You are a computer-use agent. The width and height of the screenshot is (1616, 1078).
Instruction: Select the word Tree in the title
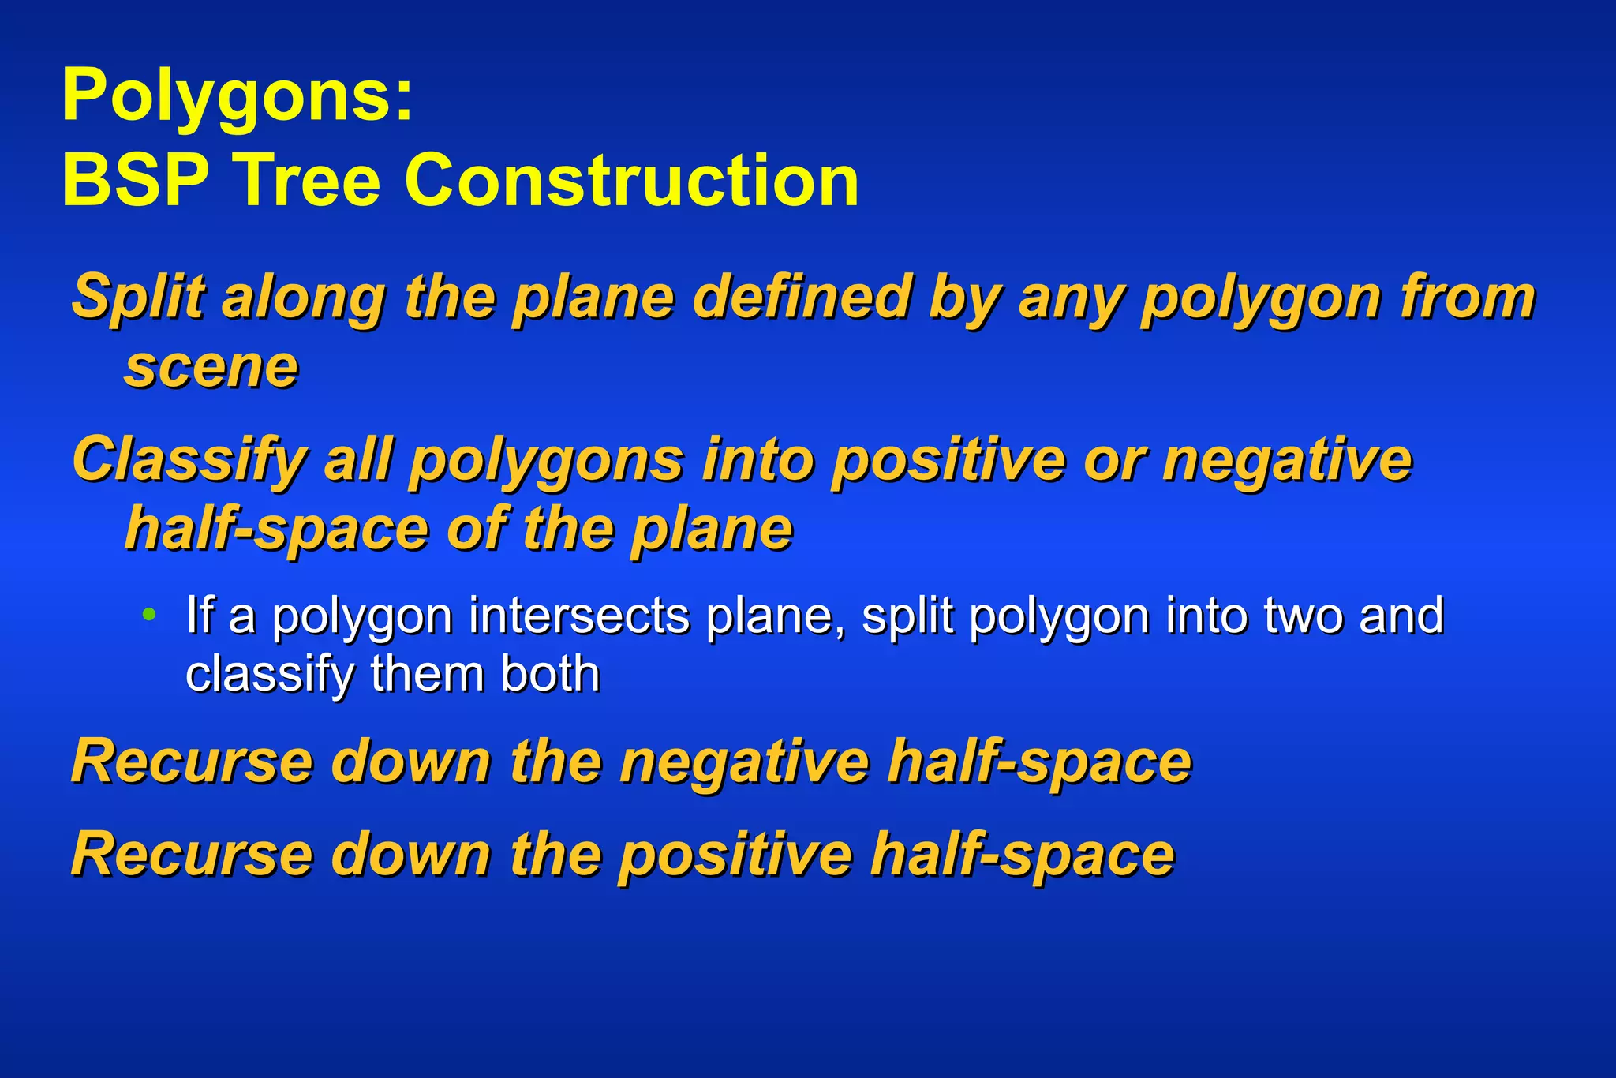tap(309, 181)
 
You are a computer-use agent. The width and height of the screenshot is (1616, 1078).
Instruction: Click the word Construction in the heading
tap(631, 181)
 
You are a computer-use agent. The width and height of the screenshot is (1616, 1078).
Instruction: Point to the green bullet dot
tap(148, 614)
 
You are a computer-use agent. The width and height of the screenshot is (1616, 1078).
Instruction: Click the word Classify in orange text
tap(189, 460)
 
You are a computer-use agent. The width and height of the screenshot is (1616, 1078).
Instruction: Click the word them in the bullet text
tap(429, 674)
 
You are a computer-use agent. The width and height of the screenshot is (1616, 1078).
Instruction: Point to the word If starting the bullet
tap(200, 616)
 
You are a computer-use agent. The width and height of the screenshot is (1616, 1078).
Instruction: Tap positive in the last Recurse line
tap(735, 855)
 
